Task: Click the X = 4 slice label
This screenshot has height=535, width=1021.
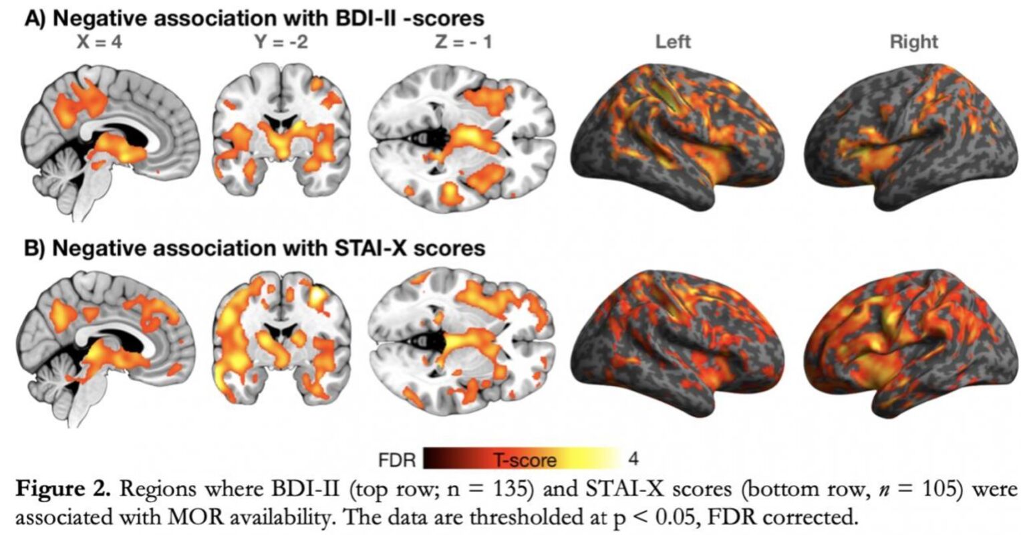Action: coord(100,42)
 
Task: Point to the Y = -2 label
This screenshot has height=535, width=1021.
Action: coord(281,42)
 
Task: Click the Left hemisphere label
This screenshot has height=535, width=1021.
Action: coord(672,42)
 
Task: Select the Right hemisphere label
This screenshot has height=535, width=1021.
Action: coord(913,42)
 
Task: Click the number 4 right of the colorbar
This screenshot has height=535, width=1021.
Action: coord(633,459)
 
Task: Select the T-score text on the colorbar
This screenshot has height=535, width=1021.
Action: coord(525,460)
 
